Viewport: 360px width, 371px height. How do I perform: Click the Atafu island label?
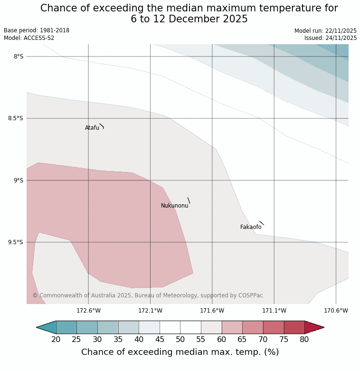pyautogui.click(x=92, y=128)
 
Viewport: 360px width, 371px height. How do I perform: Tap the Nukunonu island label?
pyautogui.click(x=174, y=206)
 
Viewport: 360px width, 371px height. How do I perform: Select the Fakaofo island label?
pyautogui.click(x=250, y=227)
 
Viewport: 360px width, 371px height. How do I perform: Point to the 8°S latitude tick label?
pyautogui.click(x=18, y=57)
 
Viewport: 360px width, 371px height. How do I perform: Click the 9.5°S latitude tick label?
pyautogui.click(x=15, y=242)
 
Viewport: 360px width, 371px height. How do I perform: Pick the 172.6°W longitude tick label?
pyautogui.click(x=88, y=311)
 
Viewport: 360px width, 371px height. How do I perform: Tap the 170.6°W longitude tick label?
pyautogui.click(x=336, y=311)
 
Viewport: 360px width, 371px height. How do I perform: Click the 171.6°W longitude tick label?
pyautogui.click(x=212, y=311)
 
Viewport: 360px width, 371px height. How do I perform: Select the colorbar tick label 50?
pyautogui.click(x=180, y=340)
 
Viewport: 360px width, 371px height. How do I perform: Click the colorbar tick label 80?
pyautogui.click(x=304, y=340)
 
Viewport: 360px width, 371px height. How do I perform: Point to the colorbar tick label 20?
pyautogui.click(x=56, y=340)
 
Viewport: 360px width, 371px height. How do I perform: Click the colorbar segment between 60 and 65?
pyautogui.click(x=232, y=327)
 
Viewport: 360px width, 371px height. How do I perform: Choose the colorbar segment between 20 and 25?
pyautogui.click(x=66, y=327)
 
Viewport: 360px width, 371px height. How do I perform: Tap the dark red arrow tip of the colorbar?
pyautogui.click(x=314, y=327)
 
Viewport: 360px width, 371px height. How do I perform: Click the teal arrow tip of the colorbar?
pyautogui.click(x=46, y=327)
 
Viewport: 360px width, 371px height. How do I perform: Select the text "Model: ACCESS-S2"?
pyautogui.click(x=29, y=38)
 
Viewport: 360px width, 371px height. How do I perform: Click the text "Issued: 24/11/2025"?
pyautogui.click(x=331, y=38)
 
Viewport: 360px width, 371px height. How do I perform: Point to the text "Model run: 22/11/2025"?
pyautogui.click(x=325, y=31)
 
